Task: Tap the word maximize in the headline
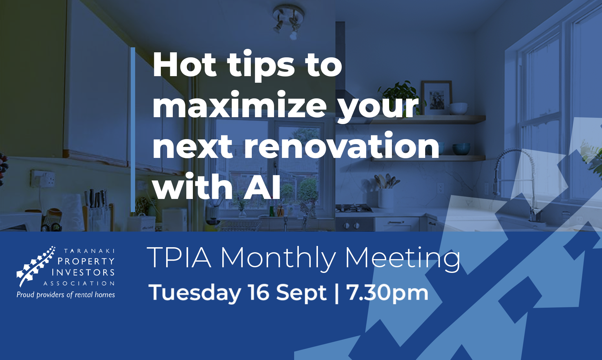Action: tap(240, 105)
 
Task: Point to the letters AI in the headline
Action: tap(262, 187)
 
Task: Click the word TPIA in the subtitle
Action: tap(179, 258)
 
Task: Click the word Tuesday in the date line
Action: tap(195, 293)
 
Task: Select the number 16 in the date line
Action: tap(258, 292)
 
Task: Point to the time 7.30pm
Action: tap(387, 293)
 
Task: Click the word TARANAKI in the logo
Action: tap(89, 251)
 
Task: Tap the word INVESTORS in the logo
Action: tap(83, 272)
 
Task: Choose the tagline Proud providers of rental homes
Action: tap(66, 295)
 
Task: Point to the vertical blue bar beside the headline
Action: tap(133, 129)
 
